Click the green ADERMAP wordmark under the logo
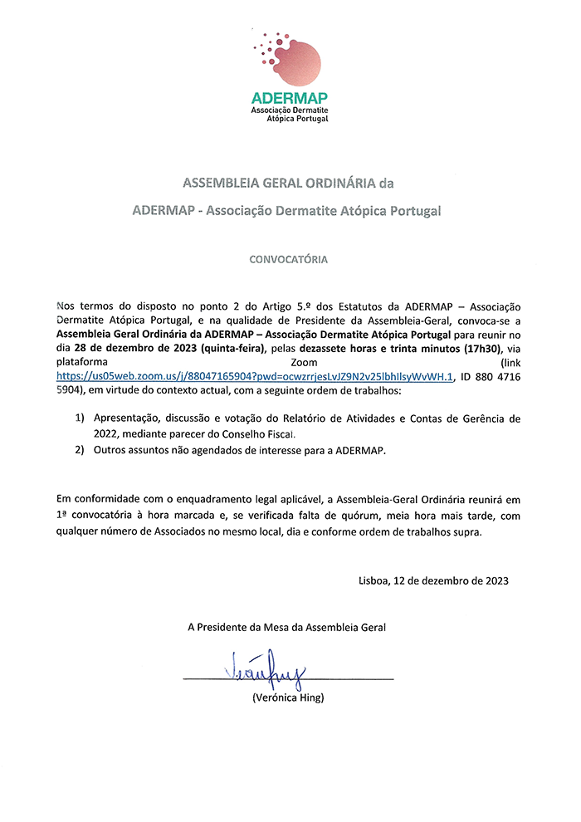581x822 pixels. tap(290, 99)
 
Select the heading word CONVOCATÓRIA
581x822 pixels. tap(289, 259)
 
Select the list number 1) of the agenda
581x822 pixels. tap(81, 419)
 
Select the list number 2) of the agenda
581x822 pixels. tap(81, 449)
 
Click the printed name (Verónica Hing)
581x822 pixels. tap(288, 698)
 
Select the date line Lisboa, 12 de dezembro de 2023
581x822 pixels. tap(433, 580)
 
